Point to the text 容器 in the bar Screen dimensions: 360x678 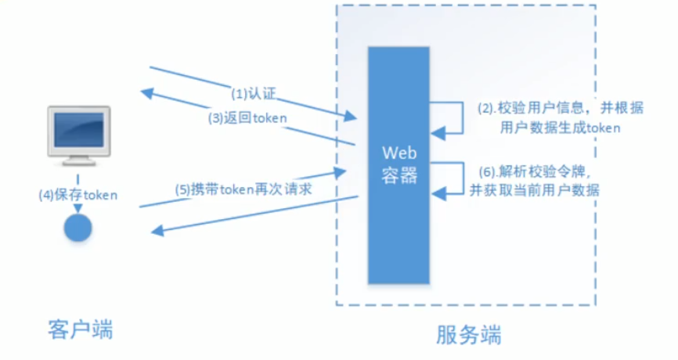[398, 174]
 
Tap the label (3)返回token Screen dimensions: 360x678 [247, 118]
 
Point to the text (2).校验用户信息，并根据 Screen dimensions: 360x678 [559, 110]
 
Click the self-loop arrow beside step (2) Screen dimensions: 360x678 [458, 117]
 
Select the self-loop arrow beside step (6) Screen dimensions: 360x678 [458, 177]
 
